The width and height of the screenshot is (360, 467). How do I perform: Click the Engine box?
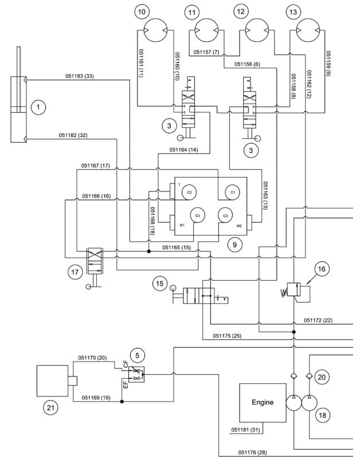[x=262, y=402]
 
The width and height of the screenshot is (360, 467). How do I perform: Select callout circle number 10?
[x=142, y=11]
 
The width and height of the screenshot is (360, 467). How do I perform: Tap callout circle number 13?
[x=295, y=11]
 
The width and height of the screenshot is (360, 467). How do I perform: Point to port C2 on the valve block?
[x=189, y=192]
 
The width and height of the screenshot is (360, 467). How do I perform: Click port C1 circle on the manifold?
[x=233, y=192]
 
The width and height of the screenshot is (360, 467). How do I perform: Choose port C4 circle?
[x=197, y=215]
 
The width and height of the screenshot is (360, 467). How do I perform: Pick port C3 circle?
[x=225, y=215]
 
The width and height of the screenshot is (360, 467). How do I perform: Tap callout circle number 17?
[x=75, y=273]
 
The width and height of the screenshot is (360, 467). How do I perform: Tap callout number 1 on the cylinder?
[x=38, y=107]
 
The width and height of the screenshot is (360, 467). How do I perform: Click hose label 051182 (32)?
[x=73, y=135]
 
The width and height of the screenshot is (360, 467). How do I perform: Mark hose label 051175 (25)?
[x=227, y=336]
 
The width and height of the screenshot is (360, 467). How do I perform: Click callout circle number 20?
[x=322, y=376]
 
